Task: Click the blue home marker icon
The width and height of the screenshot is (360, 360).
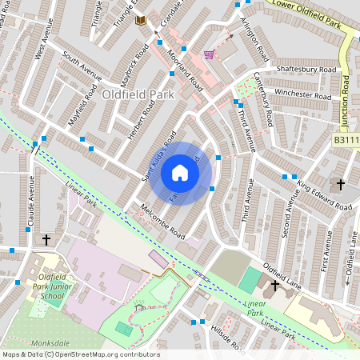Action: pyautogui.click(x=180, y=173)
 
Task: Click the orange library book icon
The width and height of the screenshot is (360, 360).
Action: pyautogui.click(x=141, y=19)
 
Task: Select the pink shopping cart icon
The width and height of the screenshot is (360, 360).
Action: pyautogui.click(x=209, y=54)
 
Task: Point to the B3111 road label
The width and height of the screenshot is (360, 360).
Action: pyautogui.click(x=346, y=140)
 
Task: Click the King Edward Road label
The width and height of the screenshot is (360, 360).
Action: pyautogui.click(x=325, y=197)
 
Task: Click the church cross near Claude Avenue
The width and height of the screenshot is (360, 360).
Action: pyautogui.click(x=46, y=239)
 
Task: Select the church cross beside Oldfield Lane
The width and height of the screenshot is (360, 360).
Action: pyautogui.click(x=276, y=285)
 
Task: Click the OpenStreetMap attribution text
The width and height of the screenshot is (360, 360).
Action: pyautogui.click(x=81, y=354)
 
